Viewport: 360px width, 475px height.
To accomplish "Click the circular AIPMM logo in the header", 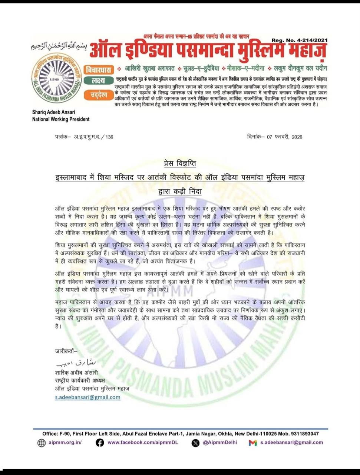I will coord(57,78).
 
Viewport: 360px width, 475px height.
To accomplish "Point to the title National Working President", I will coord(60,119).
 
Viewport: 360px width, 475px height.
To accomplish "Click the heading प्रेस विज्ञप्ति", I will coord(180,163).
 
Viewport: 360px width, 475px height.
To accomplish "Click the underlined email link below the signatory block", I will coord(87,397).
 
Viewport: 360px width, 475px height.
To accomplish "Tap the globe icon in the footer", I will coord(42,443).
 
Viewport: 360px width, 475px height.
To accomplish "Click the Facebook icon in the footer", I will coord(100,443).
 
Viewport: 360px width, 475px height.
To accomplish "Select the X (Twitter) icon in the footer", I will coord(195,443).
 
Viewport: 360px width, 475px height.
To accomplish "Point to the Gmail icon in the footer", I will coord(253,443).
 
